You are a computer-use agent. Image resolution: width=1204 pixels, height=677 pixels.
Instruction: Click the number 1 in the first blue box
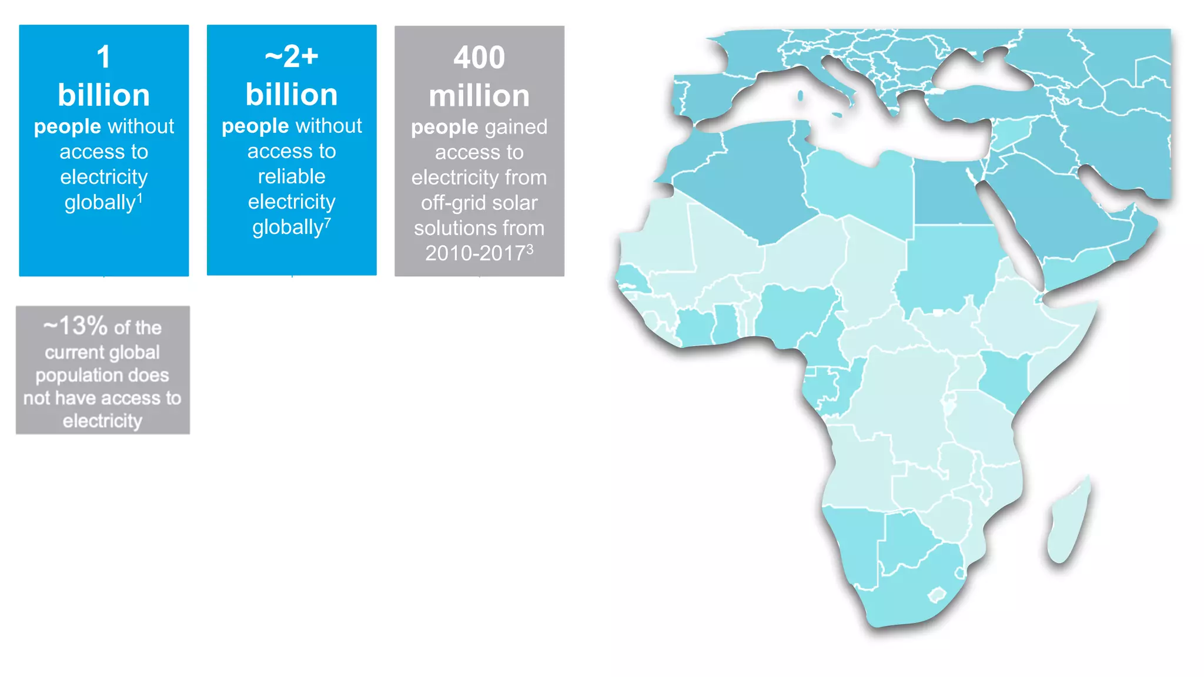103,58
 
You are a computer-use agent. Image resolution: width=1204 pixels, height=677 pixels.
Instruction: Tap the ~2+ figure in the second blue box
292,57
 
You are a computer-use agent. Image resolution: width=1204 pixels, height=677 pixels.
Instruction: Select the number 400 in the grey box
479,58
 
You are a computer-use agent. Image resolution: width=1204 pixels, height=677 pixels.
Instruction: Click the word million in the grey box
479,96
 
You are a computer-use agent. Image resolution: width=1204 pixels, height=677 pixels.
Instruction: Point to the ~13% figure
75,326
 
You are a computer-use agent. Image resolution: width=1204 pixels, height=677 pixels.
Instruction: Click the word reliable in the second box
292,176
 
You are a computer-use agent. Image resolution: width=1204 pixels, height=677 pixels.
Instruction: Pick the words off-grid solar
479,203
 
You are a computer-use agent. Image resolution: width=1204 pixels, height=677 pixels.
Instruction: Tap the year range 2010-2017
475,253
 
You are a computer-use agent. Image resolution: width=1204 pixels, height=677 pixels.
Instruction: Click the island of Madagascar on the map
1069,523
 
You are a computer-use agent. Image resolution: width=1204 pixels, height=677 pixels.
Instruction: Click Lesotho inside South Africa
937,595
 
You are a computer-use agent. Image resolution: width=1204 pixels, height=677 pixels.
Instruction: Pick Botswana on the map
905,541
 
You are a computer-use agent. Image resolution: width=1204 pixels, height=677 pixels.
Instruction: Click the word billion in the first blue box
103,95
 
